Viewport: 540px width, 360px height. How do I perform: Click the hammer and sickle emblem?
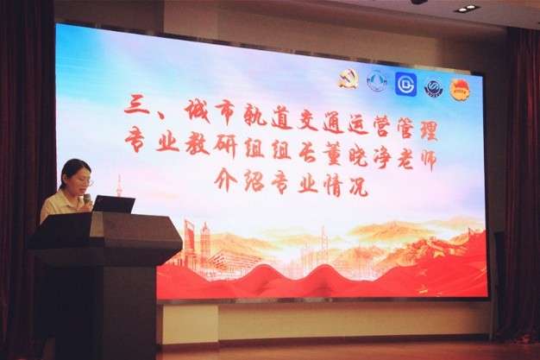[x=348, y=79]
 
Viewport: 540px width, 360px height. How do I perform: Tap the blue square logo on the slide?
[x=405, y=84]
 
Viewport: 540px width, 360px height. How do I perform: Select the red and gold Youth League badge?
[x=462, y=89]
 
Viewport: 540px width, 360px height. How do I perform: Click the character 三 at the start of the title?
[x=136, y=106]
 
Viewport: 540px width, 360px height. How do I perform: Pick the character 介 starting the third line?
[x=226, y=179]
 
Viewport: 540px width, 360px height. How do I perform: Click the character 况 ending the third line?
[x=357, y=186]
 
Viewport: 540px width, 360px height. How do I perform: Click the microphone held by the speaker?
[x=87, y=200]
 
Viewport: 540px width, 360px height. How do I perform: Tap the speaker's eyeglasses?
[x=86, y=181]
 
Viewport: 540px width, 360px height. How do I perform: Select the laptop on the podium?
[x=113, y=204]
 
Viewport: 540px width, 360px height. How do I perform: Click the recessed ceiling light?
[x=466, y=9]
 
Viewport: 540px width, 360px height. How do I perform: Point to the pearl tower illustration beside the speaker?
[x=119, y=186]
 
